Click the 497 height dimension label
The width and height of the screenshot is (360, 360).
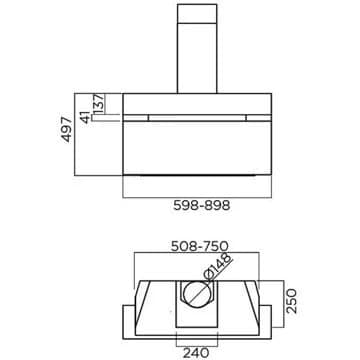point(67,130)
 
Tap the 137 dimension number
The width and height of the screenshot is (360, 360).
point(99,103)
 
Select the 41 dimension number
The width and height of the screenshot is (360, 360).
point(86,117)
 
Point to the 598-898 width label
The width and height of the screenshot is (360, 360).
point(202,205)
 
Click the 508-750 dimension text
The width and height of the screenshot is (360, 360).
point(200,246)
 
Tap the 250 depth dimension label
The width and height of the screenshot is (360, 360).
point(291,301)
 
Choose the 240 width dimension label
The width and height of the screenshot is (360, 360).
point(196,352)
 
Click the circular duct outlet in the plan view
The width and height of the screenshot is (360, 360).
point(197,295)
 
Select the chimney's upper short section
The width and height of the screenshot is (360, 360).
point(197,13)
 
